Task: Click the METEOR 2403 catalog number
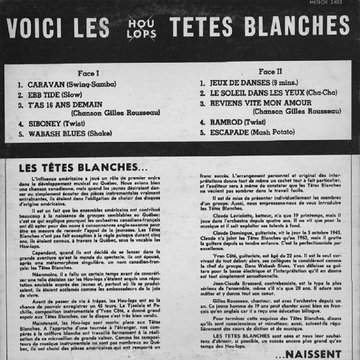point(325,2)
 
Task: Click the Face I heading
point(88,74)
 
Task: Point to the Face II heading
point(270,72)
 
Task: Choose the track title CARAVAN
point(46,85)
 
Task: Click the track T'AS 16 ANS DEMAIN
point(65,104)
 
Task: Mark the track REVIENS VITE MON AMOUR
point(261,103)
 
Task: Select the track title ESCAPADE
point(229,132)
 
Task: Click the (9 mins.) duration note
point(286,83)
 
